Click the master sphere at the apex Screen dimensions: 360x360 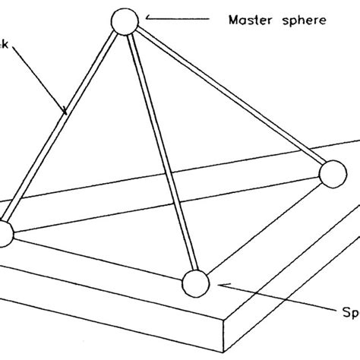[124, 22]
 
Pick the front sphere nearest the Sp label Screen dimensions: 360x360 [195, 284]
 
